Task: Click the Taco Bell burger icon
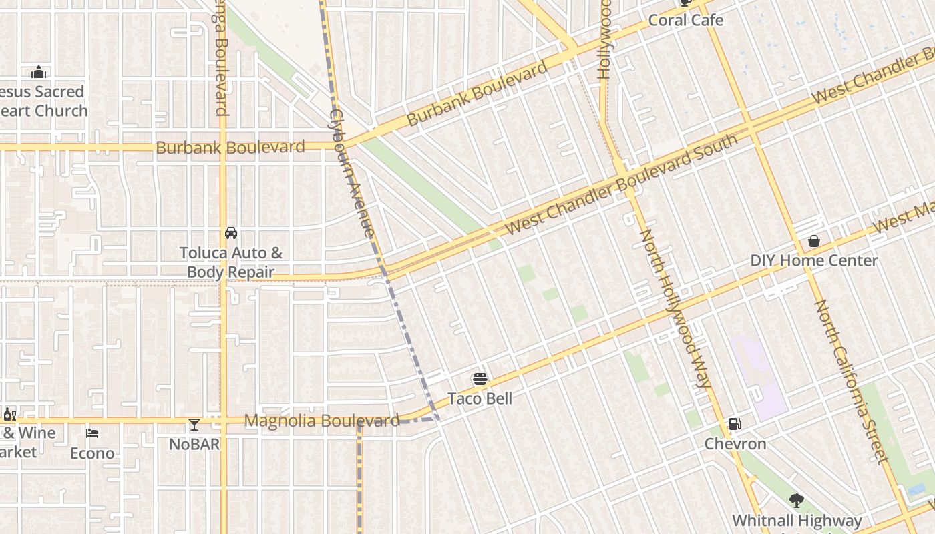(480, 379)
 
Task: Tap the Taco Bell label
(480, 398)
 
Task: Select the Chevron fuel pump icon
(735, 423)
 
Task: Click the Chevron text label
(735, 444)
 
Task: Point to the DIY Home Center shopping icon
(814, 241)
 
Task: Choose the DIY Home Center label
(814, 260)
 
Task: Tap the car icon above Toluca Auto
(231, 233)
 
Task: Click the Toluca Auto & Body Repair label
(231, 262)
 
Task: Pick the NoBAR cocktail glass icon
(194, 425)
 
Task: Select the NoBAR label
(194, 444)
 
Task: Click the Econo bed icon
(92, 433)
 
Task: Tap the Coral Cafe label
(686, 20)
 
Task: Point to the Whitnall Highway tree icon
(796, 500)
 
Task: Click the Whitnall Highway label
(797, 521)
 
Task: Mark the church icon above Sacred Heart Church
(39, 72)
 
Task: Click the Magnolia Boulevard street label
(322, 421)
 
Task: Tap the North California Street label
(852, 380)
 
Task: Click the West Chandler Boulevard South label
(621, 184)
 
